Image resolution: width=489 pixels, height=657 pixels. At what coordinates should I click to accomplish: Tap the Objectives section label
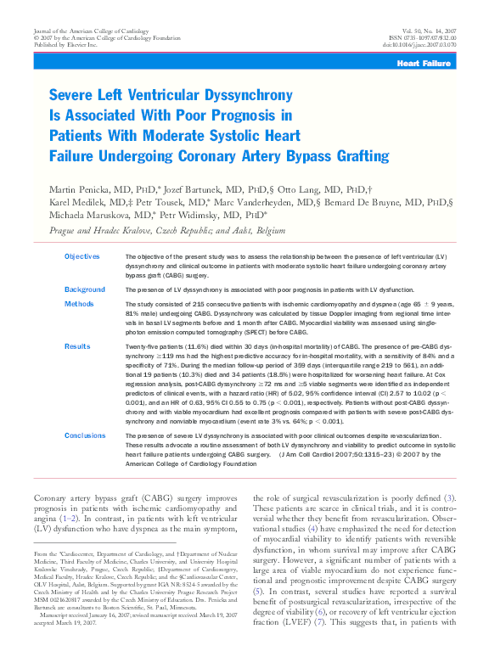point(82,256)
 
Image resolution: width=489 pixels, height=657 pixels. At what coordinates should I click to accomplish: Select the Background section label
point(85,289)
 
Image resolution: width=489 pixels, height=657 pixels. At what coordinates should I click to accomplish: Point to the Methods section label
point(79,303)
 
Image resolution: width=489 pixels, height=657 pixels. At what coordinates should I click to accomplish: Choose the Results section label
point(77,346)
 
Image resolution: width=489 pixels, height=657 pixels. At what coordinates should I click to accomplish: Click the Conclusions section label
point(87,435)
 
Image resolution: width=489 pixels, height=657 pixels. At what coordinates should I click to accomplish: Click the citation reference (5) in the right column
point(259,589)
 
